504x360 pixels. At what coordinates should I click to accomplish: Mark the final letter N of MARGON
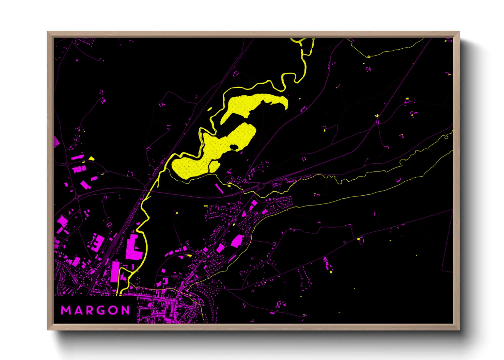coord(126,310)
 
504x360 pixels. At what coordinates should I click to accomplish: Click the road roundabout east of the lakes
coord(261,186)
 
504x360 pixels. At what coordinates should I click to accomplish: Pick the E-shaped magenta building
coord(98,243)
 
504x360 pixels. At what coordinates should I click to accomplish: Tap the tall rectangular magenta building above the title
coord(115,272)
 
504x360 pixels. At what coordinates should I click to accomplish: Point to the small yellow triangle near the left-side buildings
coord(91,158)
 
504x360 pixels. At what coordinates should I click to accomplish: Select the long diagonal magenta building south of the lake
coord(219,189)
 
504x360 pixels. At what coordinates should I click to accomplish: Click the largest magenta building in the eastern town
coord(237,241)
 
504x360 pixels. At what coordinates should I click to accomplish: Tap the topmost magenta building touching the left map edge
coord(57,142)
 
